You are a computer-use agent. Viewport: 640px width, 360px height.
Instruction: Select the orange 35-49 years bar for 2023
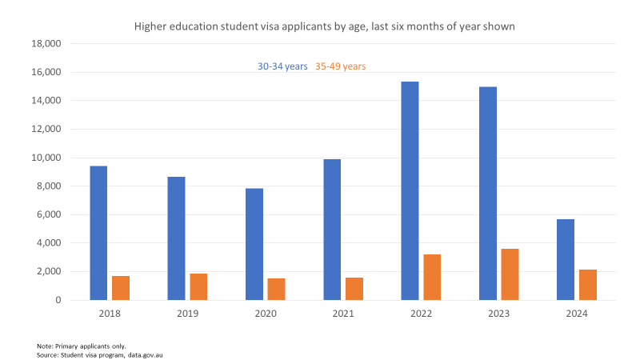tap(510, 274)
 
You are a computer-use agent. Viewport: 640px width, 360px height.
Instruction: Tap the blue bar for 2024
tap(565, 259)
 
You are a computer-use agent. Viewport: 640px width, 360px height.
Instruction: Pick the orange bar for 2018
tap(121, 288)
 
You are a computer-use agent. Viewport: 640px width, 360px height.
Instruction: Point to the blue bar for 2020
tap(254, 244)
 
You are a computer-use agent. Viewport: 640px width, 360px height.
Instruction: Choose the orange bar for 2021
tap(354, 289)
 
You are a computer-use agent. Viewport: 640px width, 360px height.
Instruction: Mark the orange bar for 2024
tap(588, 285)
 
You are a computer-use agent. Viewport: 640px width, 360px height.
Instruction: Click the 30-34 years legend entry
tap(282, 66)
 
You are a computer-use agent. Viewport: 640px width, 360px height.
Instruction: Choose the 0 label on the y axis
tap(58, 300)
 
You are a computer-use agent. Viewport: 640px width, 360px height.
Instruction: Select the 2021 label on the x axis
tap(342, 314)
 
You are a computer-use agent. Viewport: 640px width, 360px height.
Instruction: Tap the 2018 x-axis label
tap(110, 314)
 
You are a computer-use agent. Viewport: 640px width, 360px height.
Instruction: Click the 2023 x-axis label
tap(498, 314)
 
